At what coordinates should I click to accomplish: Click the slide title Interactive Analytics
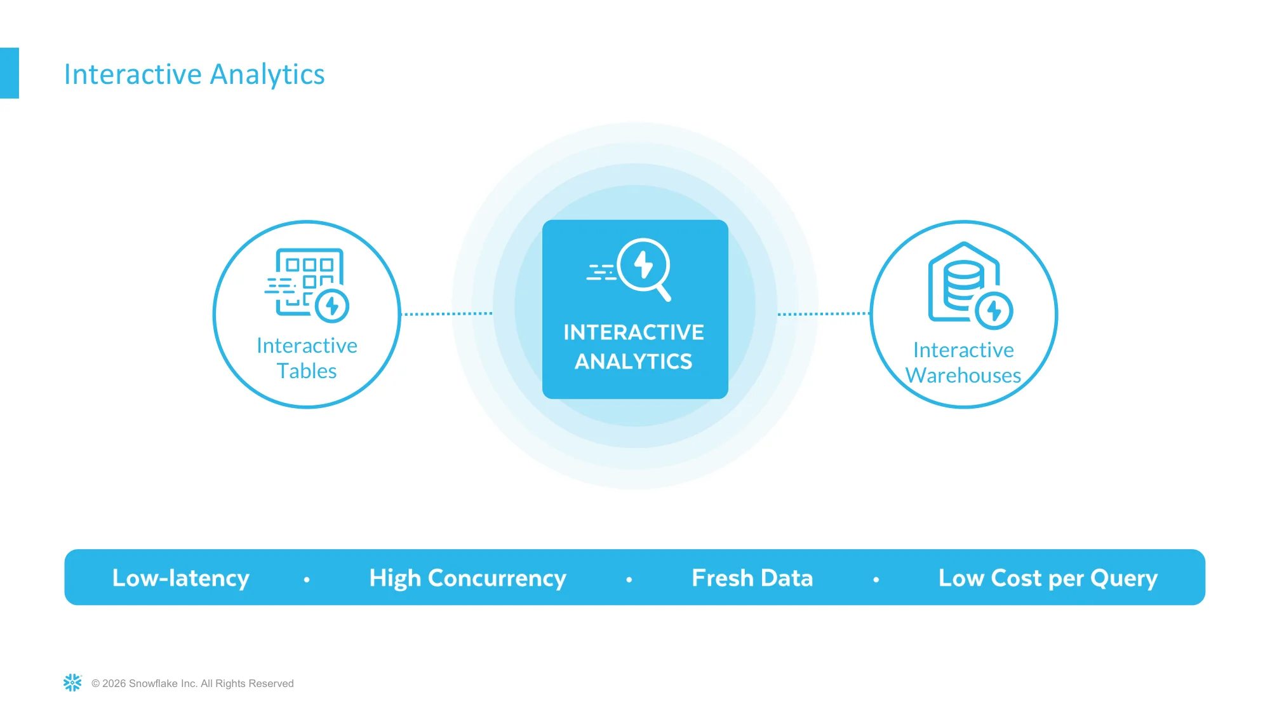pos(194,74)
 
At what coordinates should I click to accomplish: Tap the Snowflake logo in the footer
pos(72,683)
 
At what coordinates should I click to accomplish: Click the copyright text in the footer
pos(192,683)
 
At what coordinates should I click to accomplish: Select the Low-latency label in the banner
pos(181,578)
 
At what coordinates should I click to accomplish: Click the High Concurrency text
pos(467,578)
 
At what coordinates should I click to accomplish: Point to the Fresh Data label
pos(752,578)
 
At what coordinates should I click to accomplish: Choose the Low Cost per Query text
pos(1048,578)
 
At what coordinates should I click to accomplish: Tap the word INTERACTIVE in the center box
pos(634,332)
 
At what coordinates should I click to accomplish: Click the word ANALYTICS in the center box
pos(634,361)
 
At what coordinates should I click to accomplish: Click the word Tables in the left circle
pos(307,371)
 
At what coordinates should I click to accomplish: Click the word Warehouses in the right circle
pos(963,375)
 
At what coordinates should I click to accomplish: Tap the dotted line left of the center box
pos(447,313)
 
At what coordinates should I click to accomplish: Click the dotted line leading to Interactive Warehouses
pos(824,313)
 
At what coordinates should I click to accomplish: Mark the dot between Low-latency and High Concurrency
pos(307,580)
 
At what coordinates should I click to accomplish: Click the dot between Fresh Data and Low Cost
pos(876,580)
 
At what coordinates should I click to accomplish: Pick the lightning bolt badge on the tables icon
pos(332,306)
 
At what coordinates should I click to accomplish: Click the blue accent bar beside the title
pos(10,73)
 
